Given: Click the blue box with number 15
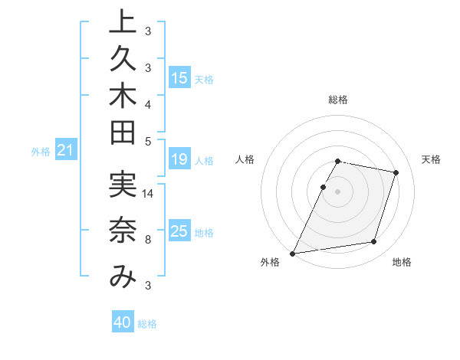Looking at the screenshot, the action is pos(179,77).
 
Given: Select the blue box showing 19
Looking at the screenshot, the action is pos(179,159).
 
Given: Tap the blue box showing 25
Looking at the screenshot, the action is pos(179,231).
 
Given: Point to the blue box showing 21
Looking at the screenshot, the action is pos(66,151).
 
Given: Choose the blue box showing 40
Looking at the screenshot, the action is pos(123,322).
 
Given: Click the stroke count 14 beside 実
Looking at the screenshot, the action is pos(148,193).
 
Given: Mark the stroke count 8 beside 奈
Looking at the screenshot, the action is pos(147,240).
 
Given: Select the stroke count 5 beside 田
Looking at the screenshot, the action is pos(147,141).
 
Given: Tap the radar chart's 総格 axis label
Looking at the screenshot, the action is pos(338,100).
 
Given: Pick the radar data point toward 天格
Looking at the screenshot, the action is pos(396,172).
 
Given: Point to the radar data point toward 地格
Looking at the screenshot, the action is pos(374,242).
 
